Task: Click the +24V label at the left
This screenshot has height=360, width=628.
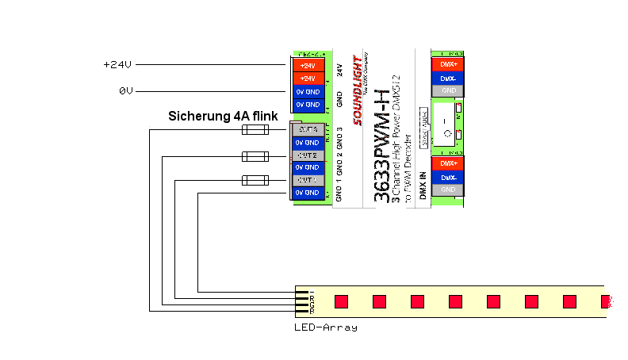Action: tap(117, 65)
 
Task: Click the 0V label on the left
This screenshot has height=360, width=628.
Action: tap(125, 91)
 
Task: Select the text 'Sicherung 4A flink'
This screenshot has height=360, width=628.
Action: tap(223, 116)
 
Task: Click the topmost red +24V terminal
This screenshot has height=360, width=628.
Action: tap(307, 66)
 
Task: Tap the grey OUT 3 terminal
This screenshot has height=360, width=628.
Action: tap(307, 129)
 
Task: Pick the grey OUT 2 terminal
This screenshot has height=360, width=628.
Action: tap(307, 155)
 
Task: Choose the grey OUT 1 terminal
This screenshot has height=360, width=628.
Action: tap(307, 180)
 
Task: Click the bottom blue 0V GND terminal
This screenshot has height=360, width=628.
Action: tap(307, 193)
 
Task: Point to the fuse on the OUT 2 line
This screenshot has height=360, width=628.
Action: tap(253, 156)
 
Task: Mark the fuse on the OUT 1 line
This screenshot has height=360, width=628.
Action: tap(253, 180)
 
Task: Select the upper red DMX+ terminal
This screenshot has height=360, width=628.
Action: tap(446, 64)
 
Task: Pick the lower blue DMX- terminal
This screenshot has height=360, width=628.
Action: tap(446, 178)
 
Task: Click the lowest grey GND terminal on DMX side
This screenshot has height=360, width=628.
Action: tap(446, 190)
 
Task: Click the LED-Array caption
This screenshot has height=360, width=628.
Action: tap(325, 327)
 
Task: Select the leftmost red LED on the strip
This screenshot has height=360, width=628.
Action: tap(341, 301)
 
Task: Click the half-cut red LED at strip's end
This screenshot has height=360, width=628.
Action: tap(607, 301)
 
